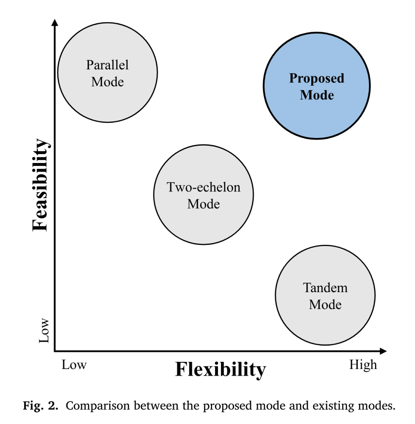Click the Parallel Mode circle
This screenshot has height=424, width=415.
click(x=108, y=73)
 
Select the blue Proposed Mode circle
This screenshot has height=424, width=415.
click(x=317, y=86)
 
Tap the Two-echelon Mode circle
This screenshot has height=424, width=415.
click(x=204, y=195)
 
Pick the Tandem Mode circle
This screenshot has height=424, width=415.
click(x=325, y=295)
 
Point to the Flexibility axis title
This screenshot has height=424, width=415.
click(x=221, y=370)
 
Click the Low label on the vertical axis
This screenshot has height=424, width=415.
click(x=44, y=331)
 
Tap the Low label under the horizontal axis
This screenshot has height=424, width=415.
click(x=74, y=365)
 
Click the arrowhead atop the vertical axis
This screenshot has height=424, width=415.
click(x=55, y=22)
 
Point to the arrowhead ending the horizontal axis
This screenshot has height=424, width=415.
click(x=383, y=351)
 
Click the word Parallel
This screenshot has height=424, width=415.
click(x=107, y=65)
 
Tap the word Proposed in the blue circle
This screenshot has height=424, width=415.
click(x=317, y=78)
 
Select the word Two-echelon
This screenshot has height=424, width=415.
click(x=204, y=187)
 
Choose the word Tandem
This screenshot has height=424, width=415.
click(x=325, y=288)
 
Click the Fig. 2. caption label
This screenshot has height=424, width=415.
click(x=41, y=406)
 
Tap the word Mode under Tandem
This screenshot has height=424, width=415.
click(x=325, y=305)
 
